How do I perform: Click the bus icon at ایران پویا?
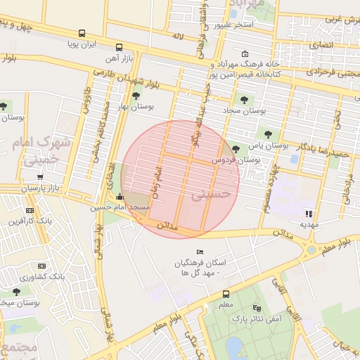pyautogui.click(x=82, y=33)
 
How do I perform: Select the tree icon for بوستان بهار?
pyautogui.click(x=136, y=96)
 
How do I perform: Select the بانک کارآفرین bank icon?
pyautogui.click(x=30, y=210)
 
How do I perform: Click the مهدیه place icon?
pyautogui.click(x=309, y=214)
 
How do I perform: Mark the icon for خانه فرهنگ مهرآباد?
pyautogui.click(x=245, y=54)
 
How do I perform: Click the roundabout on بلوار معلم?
pyautogui.click(x=311, y=250)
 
